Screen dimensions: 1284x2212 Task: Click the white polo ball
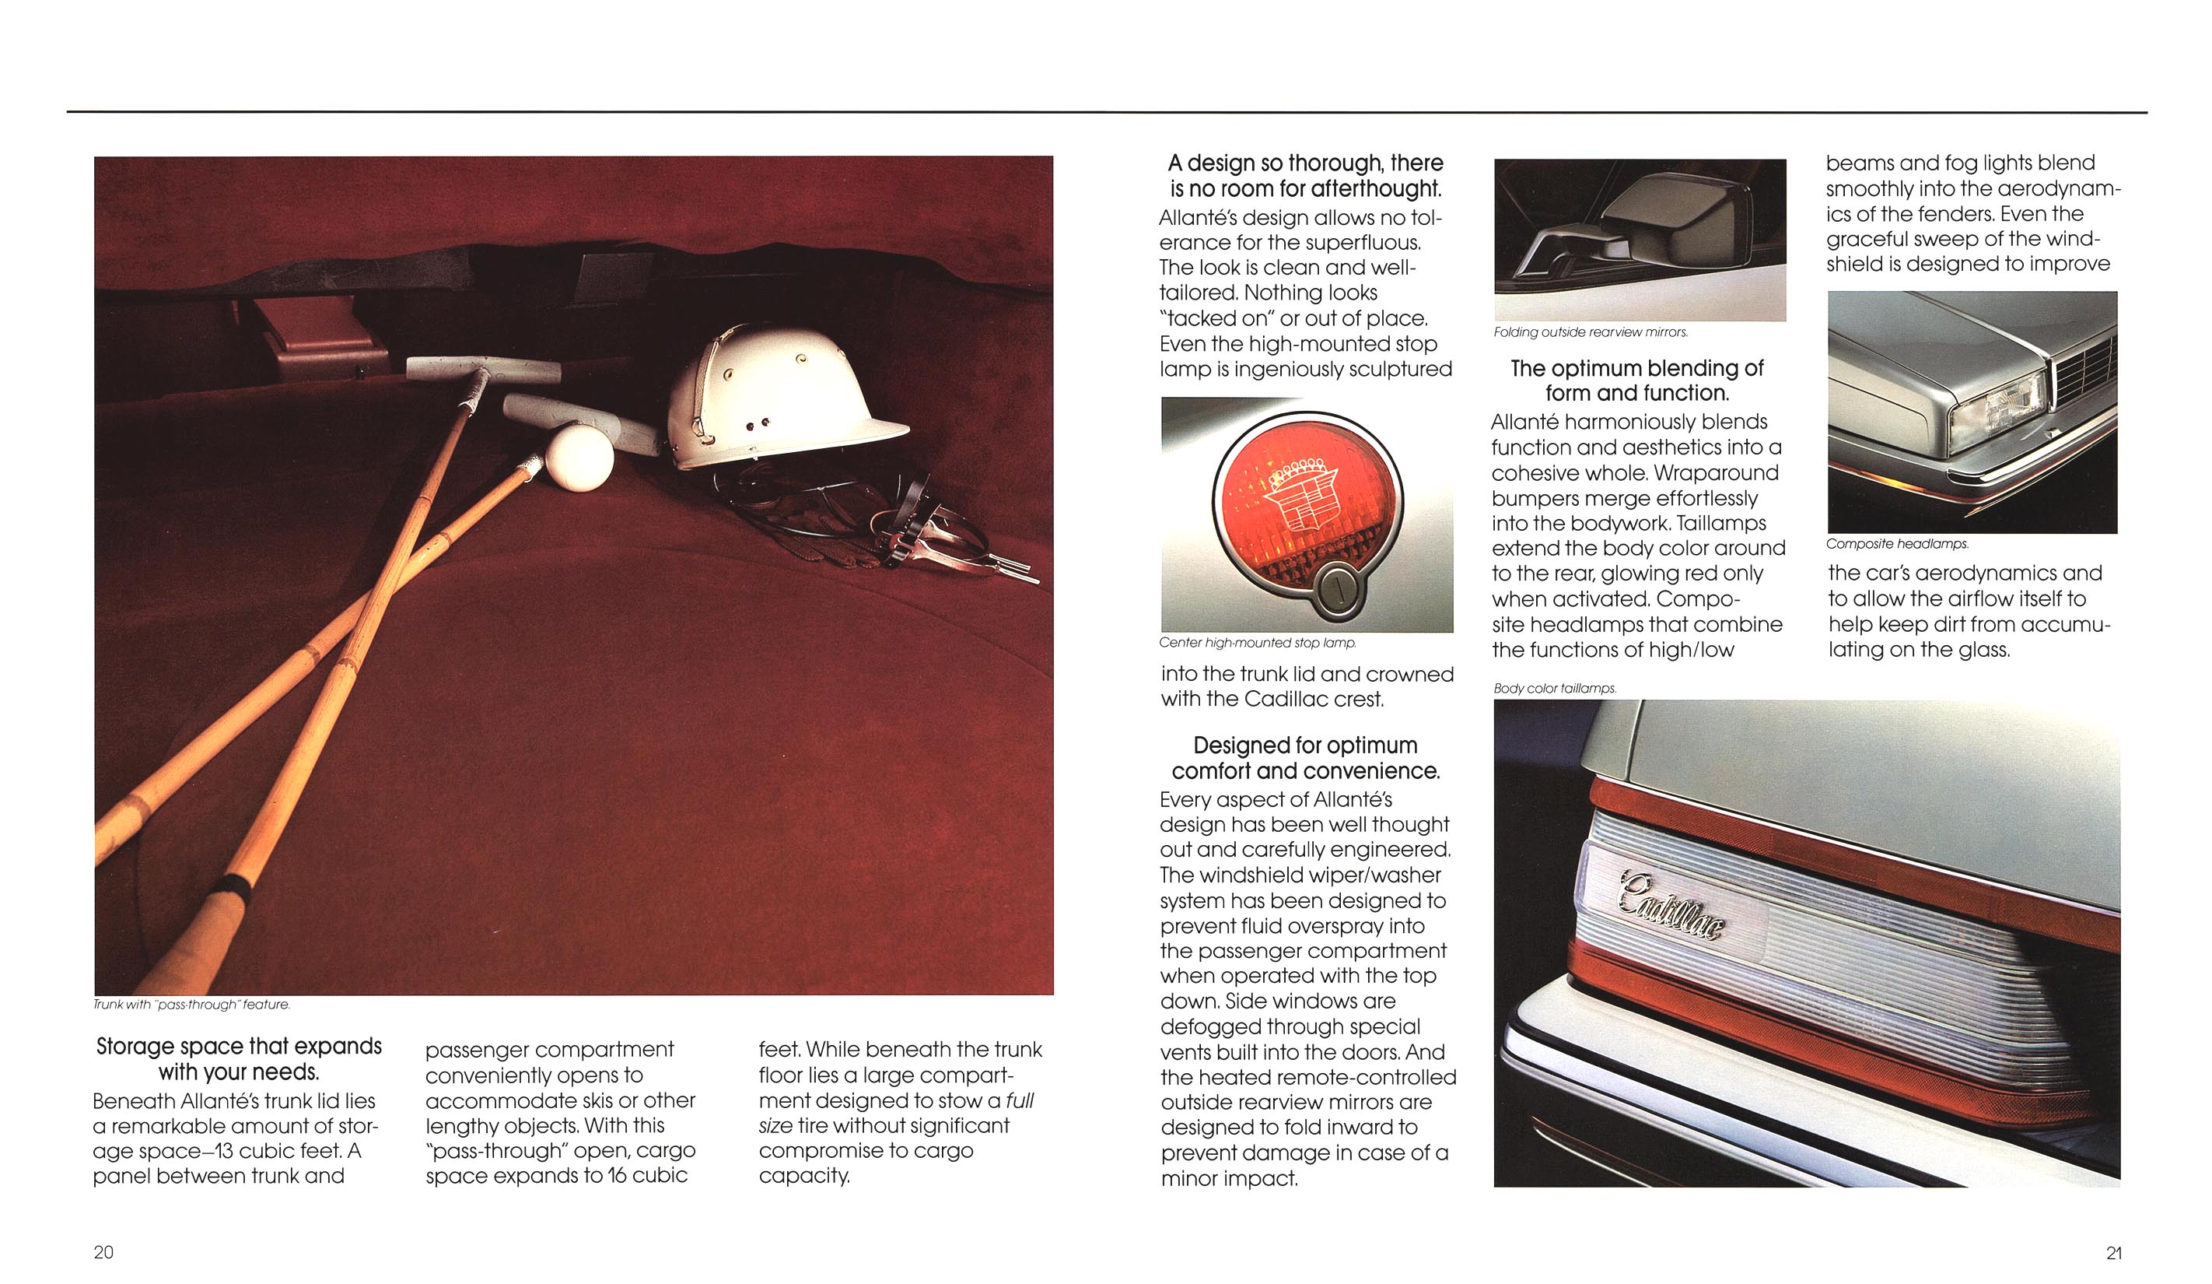579,456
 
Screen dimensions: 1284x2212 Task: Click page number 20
103,1252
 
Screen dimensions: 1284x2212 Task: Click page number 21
2114,1253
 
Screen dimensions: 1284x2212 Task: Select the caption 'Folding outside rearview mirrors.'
1591,332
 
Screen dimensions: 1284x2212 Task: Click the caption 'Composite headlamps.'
1897,544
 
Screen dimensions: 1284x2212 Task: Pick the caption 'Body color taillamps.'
1555,689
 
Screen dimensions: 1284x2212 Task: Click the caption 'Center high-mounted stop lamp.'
1257,643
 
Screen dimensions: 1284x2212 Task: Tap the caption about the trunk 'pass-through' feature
191,1005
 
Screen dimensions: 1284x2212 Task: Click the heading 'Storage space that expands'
239,1047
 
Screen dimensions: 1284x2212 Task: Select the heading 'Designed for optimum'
1304,745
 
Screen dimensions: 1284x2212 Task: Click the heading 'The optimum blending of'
1636,369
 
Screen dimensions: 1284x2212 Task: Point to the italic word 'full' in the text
1019,1100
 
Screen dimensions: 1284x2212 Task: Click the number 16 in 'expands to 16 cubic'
617,1176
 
